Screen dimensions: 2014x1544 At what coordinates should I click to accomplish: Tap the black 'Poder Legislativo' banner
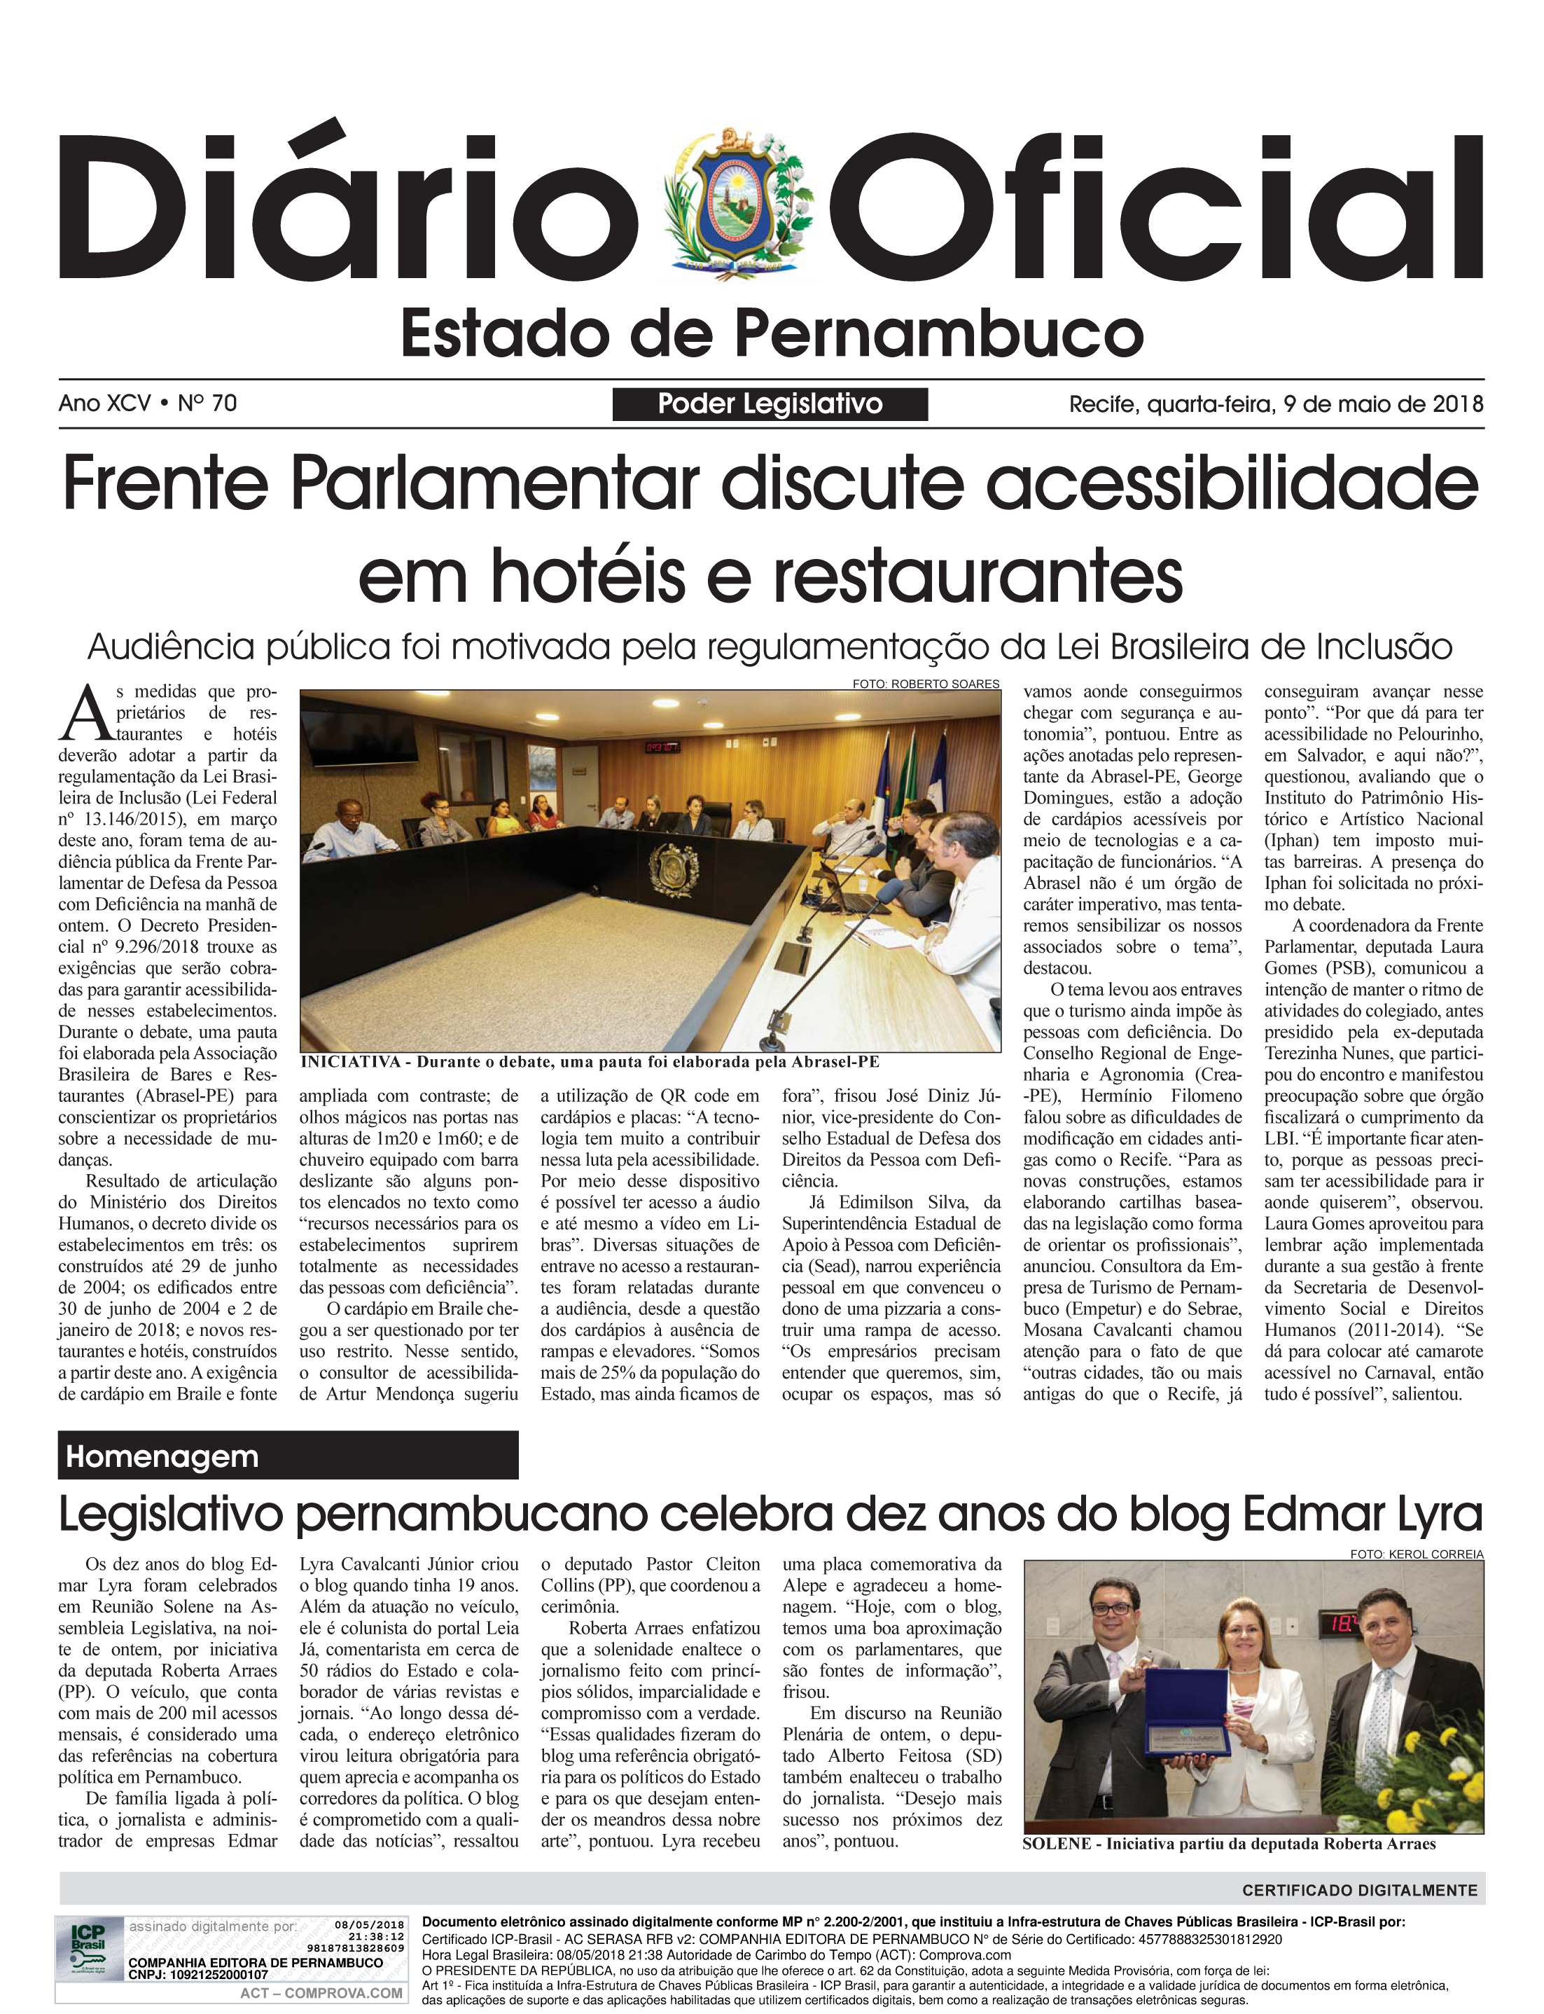770,404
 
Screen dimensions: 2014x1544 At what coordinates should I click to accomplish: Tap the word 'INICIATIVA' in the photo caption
350,1063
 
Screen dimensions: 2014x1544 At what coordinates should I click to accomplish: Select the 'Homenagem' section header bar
288,1457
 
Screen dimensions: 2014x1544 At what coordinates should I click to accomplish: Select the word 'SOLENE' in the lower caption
1056,1844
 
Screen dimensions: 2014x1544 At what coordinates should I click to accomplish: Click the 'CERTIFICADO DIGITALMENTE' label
1359,1890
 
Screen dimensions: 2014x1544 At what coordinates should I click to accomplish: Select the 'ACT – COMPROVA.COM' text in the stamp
321,1992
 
